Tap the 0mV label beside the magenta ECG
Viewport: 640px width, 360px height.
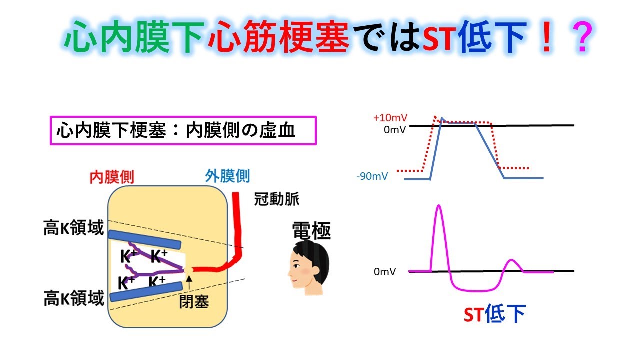pos(385,272)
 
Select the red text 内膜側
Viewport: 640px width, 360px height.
pos(112,176)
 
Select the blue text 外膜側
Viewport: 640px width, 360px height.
pos(227,176)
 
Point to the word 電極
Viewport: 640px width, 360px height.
pos(311,231)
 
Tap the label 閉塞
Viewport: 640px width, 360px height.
pos(194,301)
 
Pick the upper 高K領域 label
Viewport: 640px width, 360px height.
pos(74,228)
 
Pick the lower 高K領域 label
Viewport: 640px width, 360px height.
pos(74,299)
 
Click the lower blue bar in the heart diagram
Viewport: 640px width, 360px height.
pos(144,291)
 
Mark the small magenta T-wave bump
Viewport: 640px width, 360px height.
pos(511,261)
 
